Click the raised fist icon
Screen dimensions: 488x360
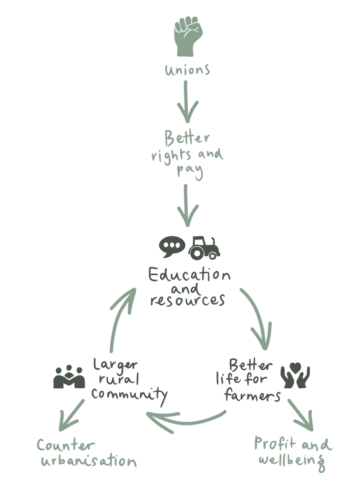coord(188,37)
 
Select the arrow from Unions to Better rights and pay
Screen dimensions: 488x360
coord(187,102)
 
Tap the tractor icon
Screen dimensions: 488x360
coord(204,247)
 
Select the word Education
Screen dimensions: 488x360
coord(189,276)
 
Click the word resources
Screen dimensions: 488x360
coord(187,301)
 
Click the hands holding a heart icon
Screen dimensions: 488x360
coord(295,376)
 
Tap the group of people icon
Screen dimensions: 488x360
coord(70,377)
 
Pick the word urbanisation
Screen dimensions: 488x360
coord(89,462)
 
